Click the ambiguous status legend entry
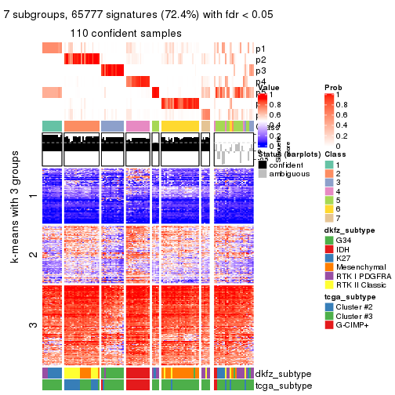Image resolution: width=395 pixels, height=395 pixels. coord(263,175)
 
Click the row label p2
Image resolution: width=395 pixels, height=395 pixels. coord(260,60)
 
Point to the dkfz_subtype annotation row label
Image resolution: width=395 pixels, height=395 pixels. coord(281,374)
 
